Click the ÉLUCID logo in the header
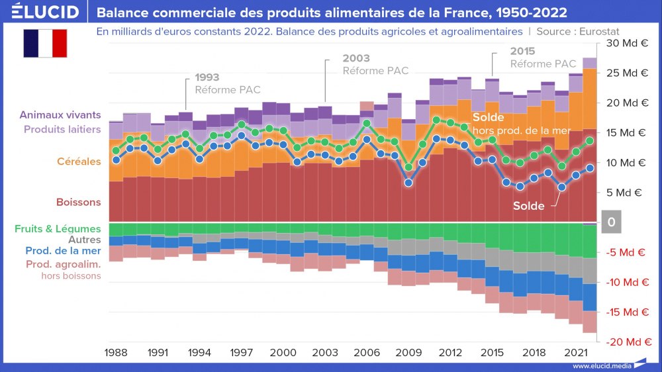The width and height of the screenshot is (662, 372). point(45,12)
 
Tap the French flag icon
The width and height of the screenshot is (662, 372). point(45,43)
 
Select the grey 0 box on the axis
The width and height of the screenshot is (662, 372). point(611,222)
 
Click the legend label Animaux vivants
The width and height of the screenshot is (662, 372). point(60,115)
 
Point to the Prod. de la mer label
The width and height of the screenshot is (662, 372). point(64,252)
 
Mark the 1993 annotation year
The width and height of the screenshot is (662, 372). point(207,77)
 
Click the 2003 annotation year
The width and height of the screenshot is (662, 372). point(356,58)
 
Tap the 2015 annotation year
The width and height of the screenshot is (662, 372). point(522,51)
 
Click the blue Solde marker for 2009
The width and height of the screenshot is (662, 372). point(408,183)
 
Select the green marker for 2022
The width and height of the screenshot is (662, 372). point(589,140)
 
